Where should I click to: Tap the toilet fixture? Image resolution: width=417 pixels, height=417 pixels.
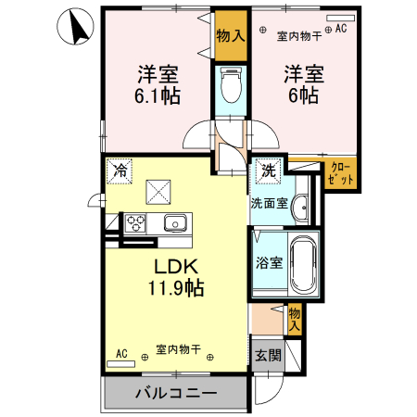pos(231,86)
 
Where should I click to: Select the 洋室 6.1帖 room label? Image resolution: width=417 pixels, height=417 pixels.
pos(158,84)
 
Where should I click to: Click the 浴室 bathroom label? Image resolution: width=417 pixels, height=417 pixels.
pos(269,262)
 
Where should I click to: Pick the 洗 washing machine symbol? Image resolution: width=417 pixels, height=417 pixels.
pos(267,171)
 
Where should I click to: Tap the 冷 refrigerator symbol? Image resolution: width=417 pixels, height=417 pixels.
pos(119,171)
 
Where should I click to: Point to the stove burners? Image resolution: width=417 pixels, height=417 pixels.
pos(136,222)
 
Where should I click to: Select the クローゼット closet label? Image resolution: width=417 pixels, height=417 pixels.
pos(340,173)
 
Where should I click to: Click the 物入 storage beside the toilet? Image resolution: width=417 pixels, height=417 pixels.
pos(231,37)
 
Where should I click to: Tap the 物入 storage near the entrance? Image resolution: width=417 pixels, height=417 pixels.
pos(295,320)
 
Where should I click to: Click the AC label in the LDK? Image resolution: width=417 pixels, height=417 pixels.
pos(121,353)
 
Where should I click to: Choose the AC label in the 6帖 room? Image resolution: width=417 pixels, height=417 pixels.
pos(340,29)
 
